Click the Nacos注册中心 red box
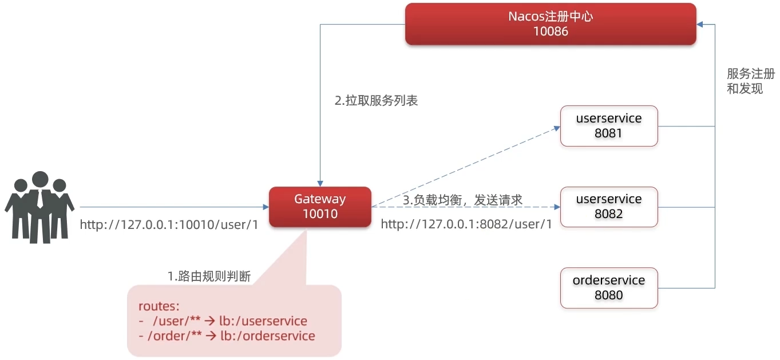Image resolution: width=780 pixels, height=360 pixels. click(x=551, y=24)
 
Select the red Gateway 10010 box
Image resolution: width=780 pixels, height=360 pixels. click(x=320, y=207)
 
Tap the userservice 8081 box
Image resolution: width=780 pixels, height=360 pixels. click(x=609, y=126)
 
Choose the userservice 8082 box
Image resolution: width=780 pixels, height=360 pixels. click(x=609, y=207)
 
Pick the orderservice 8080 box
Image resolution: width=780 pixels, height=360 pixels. click(x=609, y=288)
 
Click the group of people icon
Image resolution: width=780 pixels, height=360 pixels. click(x=39, y=207)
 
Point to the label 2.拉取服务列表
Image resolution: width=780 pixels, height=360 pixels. click(x=376, y=101)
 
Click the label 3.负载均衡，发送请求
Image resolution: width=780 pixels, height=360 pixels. click(x=462, y=200)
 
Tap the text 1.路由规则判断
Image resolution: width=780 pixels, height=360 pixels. click(x=209, y=276)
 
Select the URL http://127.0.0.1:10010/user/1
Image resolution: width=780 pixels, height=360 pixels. click(x=169, y=224)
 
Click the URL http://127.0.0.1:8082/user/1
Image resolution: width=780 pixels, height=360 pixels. click(x=466, y=224)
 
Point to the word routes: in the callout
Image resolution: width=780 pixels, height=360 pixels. click(x=159, y=306)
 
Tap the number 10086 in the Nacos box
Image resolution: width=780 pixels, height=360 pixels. click(x=551, y=31)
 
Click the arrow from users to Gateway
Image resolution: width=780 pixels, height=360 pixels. click(x=172, y=207)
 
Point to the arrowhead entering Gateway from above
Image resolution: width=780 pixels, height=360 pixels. click(x=320, y=183)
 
